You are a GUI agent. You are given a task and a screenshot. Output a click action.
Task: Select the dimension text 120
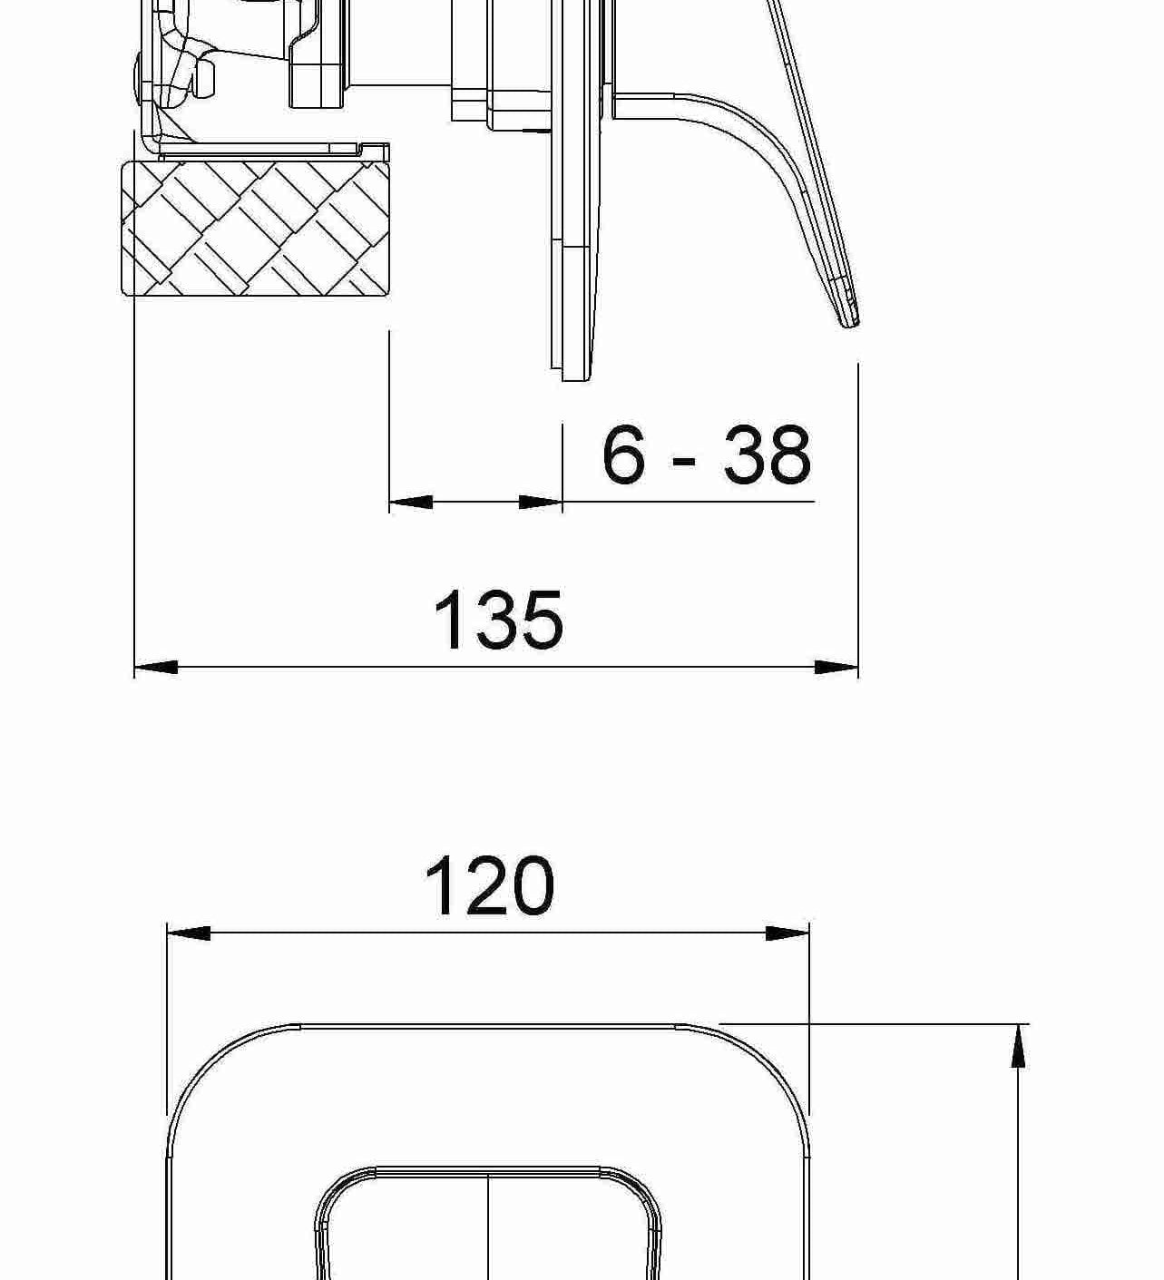coord(489,885)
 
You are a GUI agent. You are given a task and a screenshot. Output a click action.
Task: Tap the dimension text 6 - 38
coord(706,455)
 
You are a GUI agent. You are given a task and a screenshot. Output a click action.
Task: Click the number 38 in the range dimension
coord(766,455)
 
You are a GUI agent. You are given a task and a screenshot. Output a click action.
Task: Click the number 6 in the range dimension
coord(624,455)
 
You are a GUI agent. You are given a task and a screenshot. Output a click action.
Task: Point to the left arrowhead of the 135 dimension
coord(155,667)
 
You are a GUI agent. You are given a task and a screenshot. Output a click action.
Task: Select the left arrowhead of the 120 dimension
coord(188,933)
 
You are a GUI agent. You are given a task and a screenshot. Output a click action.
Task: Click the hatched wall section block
coord(256,228)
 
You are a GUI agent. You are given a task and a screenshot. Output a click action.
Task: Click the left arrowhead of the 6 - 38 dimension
coord(410,502)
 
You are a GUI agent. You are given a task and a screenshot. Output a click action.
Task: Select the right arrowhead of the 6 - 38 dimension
coord(542,502)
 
